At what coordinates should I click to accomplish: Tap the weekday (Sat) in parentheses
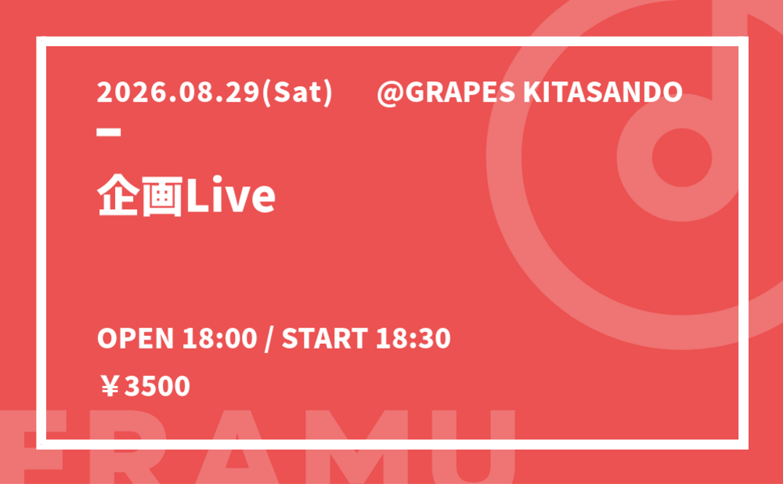coord(297,93)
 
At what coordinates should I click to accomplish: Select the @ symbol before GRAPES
coord(390,93)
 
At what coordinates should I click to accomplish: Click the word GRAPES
coord(460,92)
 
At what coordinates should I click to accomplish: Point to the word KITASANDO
coord(602,92)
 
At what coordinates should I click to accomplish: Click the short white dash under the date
coord(109,132)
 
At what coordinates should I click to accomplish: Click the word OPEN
coord(135,338)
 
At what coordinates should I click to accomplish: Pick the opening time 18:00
coord(220,338)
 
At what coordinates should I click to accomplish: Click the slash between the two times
coord(269,338)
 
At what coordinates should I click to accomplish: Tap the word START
coord(325,338)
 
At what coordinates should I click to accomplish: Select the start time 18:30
coord(413,338)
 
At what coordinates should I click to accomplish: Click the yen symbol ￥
coord(110,387)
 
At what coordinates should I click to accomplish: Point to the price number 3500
coord(157,387)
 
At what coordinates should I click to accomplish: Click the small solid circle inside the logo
coord(682,157)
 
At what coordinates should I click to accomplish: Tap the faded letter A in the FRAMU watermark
coord(236,447)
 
